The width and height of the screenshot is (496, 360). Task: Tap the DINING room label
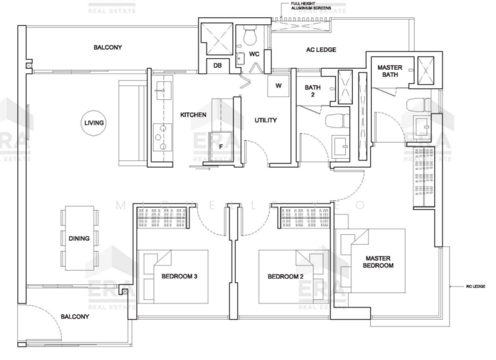click(x=79, y=238)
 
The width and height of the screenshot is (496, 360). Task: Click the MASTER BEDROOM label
click(x=380, y=261)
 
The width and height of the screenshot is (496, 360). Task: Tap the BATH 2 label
click(x=312, y=92)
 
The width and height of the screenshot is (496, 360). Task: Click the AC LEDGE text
click(x=321, y=51)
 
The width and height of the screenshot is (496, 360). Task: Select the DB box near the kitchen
click(x=218, y=65)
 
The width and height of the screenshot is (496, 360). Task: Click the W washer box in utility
click(x=278, y=86)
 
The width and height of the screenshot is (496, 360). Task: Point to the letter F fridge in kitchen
click(x=221, y=147)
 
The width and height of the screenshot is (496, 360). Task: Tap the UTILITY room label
click(x=265, y=120)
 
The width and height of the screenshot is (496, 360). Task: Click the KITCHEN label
click(x=193, y=115)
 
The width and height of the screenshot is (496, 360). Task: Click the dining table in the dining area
click(x=79, y=238)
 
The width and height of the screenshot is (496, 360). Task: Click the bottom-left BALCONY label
click(x=75, y=317)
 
